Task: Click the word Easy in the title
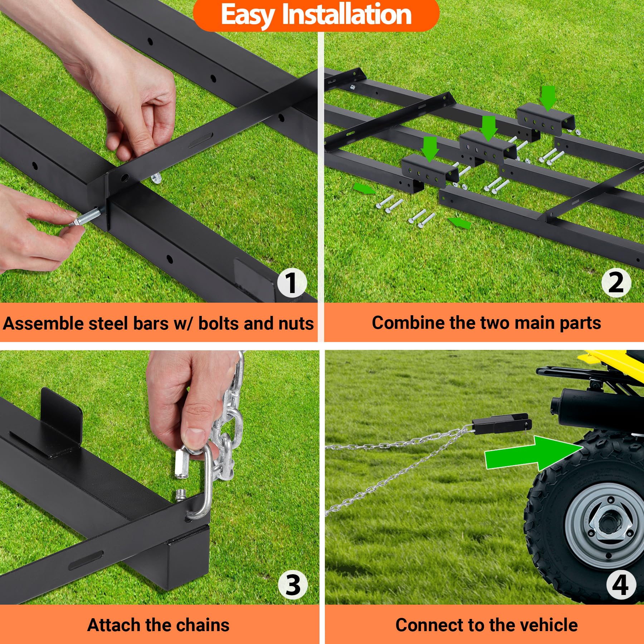point(248,15)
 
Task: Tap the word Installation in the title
point(346,15)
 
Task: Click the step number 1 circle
point(292,283)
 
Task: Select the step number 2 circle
point(616,283)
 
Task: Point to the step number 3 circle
point(293,585)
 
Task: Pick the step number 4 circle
point(620,585)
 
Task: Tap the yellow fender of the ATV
point(608,358)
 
